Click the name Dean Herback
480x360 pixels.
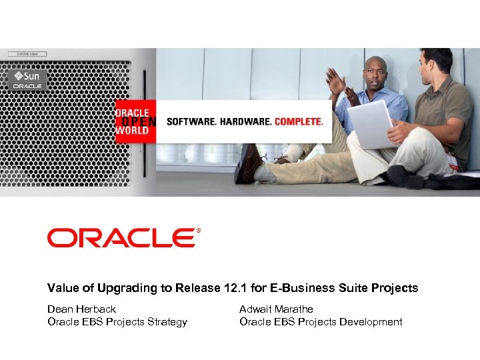pyautogui.click(x=81, y=309)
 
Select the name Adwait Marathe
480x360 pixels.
pyautogui.click(x=276, y=309)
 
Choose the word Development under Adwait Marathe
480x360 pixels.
pyautogui.click(x=370, y=322)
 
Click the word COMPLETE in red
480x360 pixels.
pyautogui.click(x=299, y=122)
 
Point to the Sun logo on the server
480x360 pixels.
pyautogui.click(x=27, y=76)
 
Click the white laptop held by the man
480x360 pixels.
pyautogui.click(x=370, y=125)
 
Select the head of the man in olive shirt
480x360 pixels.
pyautogui.click(x=437, y=63)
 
